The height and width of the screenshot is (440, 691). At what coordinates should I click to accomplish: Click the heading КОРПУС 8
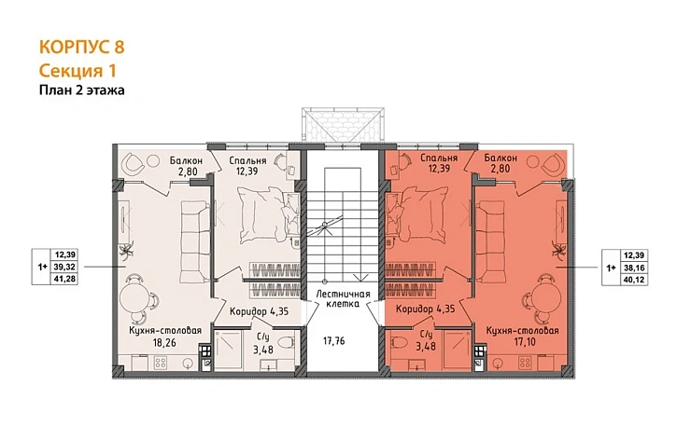click(82, 47)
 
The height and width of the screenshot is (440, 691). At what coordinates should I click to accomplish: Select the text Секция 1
click(78, 71)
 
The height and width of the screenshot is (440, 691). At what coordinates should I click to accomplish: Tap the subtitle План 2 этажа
click(82, 90)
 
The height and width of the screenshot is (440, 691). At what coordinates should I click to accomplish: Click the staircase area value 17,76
click(333, 340)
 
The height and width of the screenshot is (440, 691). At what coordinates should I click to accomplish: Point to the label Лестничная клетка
click(343, 298)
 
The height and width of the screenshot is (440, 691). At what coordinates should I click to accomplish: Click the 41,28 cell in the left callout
click(65, 279)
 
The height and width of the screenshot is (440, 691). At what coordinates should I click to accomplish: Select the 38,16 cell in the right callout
click(634, 268)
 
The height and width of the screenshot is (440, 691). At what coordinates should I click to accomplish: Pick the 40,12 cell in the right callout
click(634, 280)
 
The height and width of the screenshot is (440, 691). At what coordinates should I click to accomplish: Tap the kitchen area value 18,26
click(164, 342)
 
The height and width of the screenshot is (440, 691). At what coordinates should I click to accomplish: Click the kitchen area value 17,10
click(525, 341)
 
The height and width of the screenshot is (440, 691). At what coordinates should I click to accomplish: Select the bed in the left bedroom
click(263, 213)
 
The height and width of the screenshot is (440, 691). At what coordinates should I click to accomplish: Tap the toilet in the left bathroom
click(287, 342)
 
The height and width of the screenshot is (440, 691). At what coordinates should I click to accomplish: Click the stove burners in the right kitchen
click(525, 363)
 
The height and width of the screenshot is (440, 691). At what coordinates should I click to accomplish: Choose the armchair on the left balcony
click(134, 164)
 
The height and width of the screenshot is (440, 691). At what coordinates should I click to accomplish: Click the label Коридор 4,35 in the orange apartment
click(425, 309)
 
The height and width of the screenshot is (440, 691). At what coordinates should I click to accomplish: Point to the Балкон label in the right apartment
click(501, 158)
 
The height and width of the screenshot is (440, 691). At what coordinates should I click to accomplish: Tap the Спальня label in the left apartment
click(247, 160)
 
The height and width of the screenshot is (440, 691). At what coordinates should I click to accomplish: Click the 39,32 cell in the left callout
click(65, 267)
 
